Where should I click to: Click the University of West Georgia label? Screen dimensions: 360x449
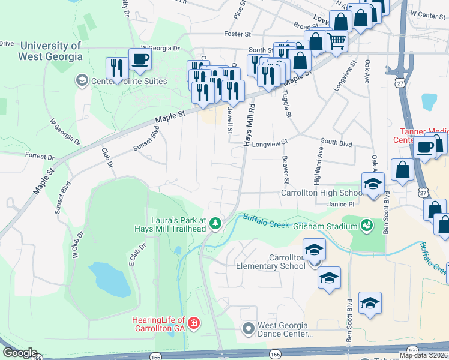click(50, 52)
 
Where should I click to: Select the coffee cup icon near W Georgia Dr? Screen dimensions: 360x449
click(140, 59)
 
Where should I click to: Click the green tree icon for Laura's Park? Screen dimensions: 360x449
click(215, 224)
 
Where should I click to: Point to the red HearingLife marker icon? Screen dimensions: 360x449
click(193, 325)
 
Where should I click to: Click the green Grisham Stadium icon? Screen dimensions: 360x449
click(365, 226)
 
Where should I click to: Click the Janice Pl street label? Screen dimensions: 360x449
click(339, 204)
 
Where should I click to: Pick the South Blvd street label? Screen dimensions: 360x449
click(336, 142)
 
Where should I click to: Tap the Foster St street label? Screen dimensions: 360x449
click(237, 34)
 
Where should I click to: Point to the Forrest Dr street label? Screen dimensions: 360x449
click(40, 155)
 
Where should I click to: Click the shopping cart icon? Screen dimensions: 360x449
click(337, 41)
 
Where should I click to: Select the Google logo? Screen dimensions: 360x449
click(20, 353)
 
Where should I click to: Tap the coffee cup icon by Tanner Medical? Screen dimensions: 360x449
click(425, 147)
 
